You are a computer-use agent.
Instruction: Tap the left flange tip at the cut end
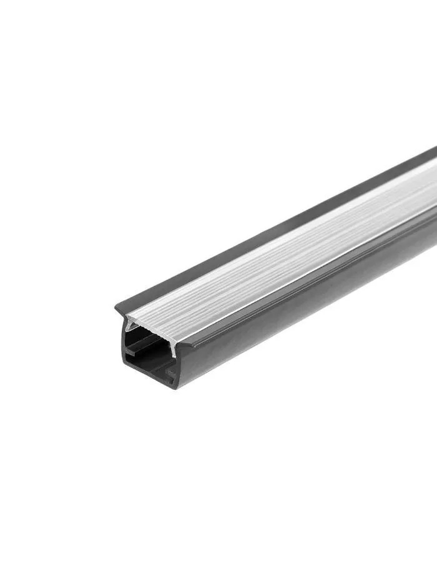[x=117, y=308]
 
